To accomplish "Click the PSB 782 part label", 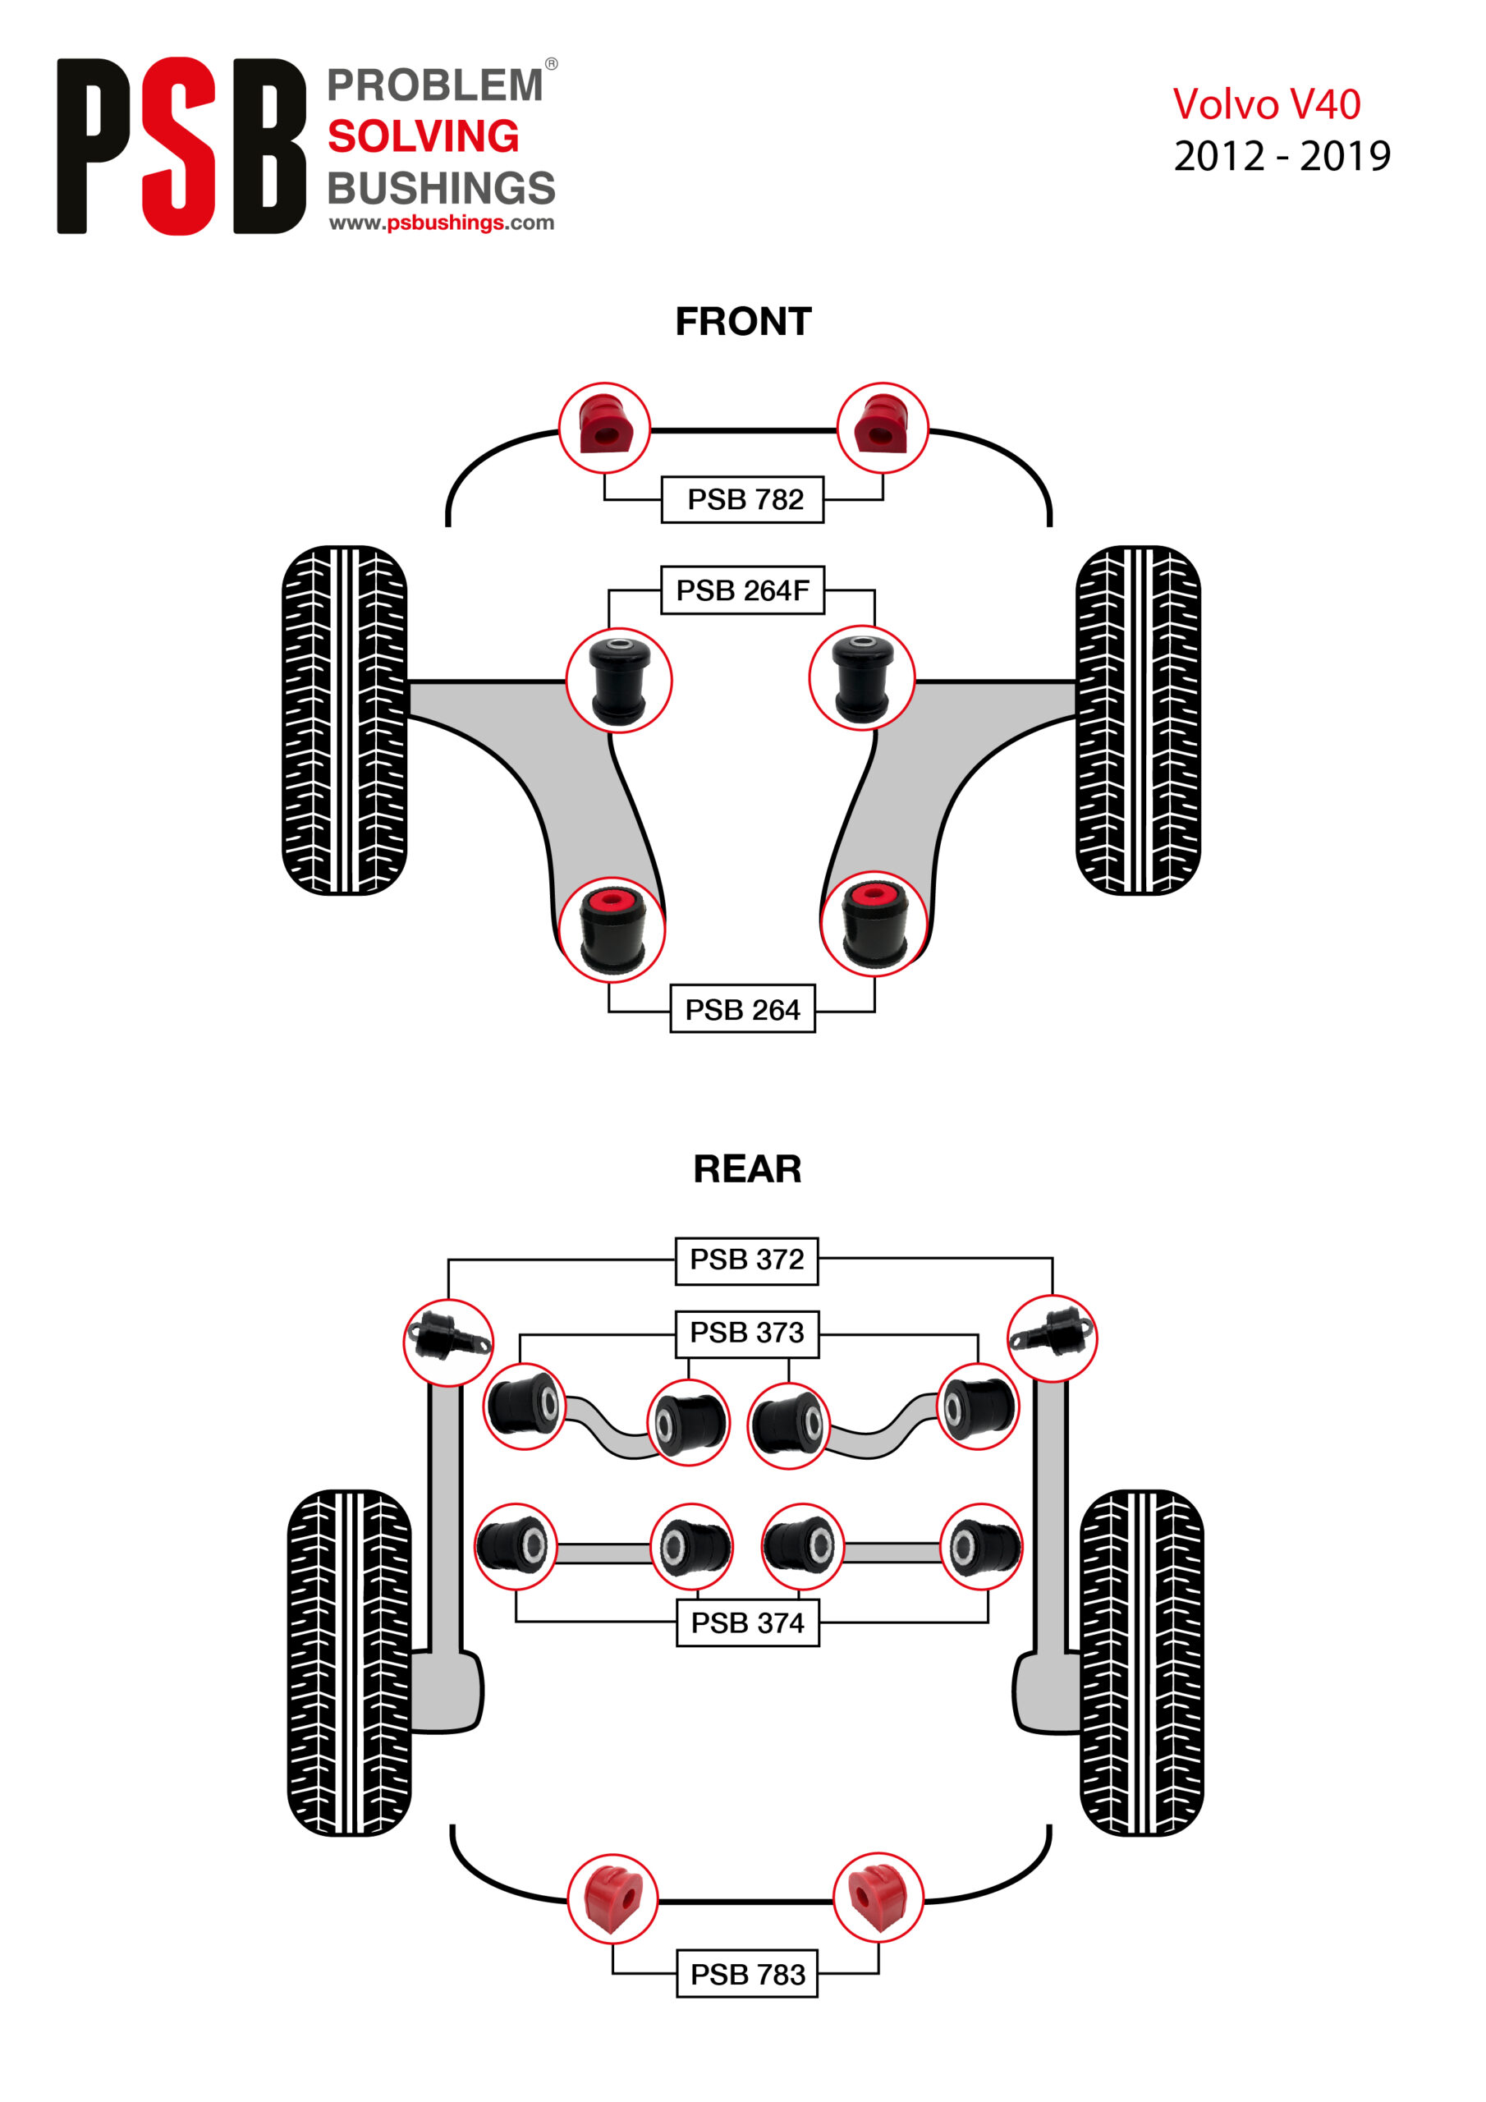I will tap(742, 500).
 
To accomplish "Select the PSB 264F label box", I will tap(742, 590).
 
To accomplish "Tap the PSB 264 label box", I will tap(742, 1009).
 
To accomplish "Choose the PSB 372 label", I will tap(746, 1260).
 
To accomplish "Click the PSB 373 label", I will tap(746, 1333).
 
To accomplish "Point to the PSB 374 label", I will tap(747, 1622).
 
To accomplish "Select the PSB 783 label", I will tap(747, 1975).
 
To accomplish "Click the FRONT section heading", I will tap(742, 322).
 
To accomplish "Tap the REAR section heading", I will tap(747, 1169).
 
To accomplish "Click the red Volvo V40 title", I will tap(1266, 105).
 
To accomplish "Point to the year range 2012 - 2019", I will tap(1282, 157).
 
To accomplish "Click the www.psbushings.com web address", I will tap(442, 223).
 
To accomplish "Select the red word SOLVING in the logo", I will tap(423, 136).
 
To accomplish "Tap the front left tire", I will tap(344, 719).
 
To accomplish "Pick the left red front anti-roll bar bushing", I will tap(604, 428).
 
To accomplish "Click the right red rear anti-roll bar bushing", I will tap(877, 1897).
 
